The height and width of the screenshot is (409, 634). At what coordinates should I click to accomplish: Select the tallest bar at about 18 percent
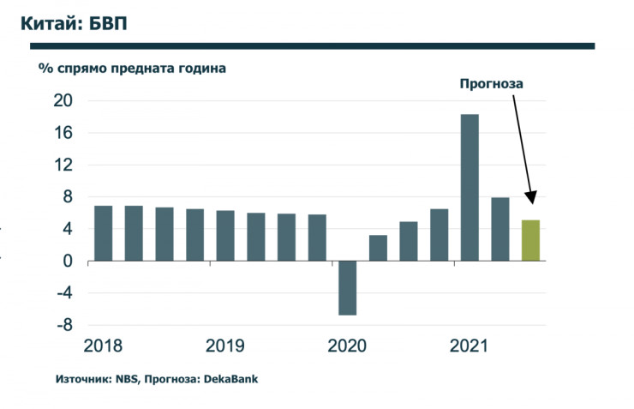click(470, 187)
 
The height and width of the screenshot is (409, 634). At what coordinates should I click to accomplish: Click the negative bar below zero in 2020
click(347, 287)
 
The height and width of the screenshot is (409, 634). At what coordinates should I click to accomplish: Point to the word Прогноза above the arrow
click(491, 84)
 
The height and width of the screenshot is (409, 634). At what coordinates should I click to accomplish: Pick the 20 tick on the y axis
click(62, 101)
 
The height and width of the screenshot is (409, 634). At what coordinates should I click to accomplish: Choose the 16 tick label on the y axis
click(63, 133)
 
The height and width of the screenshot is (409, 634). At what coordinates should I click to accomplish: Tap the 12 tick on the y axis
click(63, 165)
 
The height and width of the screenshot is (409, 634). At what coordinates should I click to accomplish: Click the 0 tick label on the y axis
click(68, 262)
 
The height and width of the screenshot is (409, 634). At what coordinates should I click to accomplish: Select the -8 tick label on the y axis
click(63, 326)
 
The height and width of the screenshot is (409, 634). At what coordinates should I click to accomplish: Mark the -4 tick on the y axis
click(63, 293)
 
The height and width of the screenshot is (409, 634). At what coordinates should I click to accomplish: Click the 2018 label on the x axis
click(103, 346)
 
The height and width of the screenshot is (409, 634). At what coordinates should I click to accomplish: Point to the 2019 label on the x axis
click(225, 346)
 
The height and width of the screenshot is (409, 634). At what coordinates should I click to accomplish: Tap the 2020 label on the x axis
click(347, 346)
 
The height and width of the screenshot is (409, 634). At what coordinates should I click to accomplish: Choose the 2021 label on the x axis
click(470, 346)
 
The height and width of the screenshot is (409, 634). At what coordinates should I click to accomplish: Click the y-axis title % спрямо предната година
click(132, 68)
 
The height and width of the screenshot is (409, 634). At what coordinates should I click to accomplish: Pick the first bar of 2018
click(103, 233)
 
